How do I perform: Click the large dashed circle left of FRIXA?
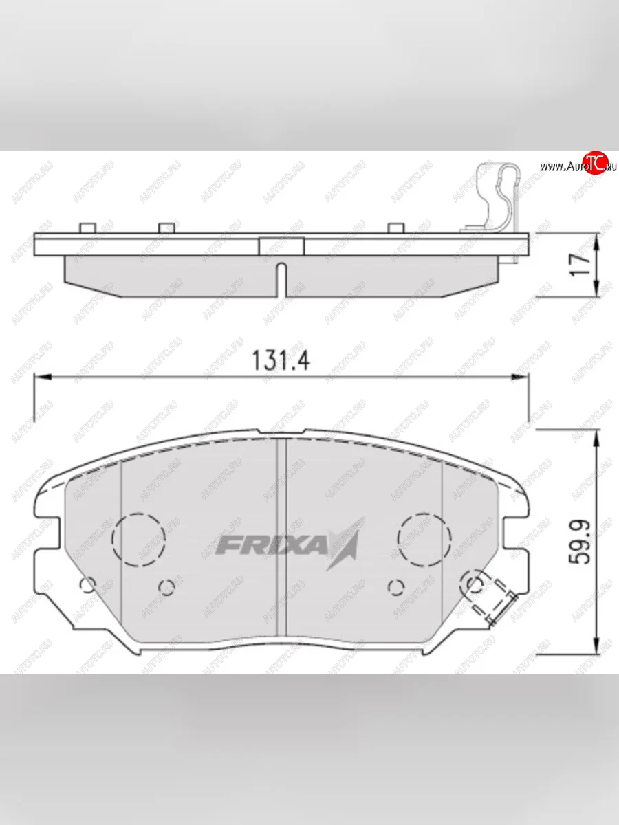[x=140, y=538]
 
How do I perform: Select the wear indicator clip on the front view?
[x=490, y=596]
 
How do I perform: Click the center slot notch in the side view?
[x=281, y=278]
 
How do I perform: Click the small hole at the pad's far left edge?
[x=87, y=586]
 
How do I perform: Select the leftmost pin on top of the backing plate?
[x=87, y=228]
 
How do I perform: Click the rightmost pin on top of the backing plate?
[x=394, y=228]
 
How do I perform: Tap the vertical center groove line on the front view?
[x=281, y=536]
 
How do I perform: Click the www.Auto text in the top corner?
[x=560, y=167]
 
